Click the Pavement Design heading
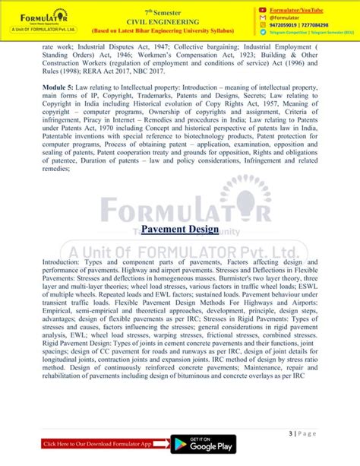180,229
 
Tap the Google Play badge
201,445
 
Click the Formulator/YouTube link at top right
300,10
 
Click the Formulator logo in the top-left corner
36,15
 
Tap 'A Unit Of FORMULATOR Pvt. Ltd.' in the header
37,30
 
